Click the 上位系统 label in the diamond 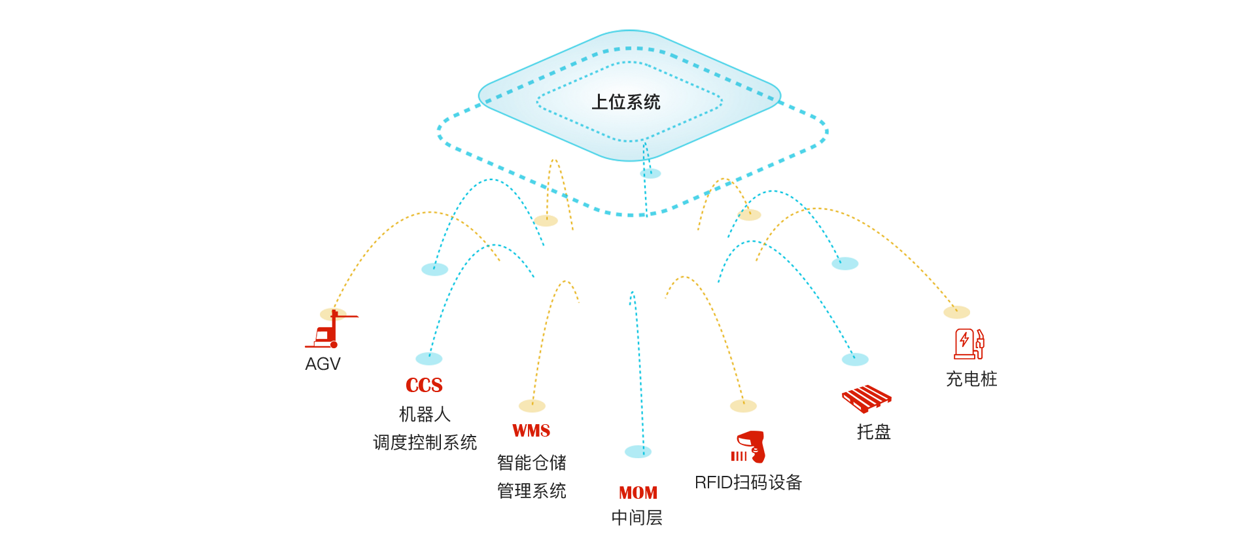[x=625, y=102]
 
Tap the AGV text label [x=323, y=364]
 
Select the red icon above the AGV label [x=332, y=328]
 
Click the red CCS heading [x=424, y=386]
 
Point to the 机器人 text [x=425, y=414]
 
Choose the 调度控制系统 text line [x=425, y=442]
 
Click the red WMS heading [x=531, y=431]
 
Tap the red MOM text [x=638, y=493]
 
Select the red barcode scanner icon [x=748, y=447]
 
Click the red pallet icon [x=866, y=398]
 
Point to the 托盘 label [x=874, y=432]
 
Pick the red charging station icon [x=969, y=344]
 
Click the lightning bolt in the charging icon [x=964, y=340]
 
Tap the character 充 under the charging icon [x=954, y=379]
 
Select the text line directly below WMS [x=531, y=462]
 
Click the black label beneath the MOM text [x=637, y=518]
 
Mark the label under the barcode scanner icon [x=748, y=482]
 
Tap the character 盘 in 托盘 [x=882, y=432]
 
